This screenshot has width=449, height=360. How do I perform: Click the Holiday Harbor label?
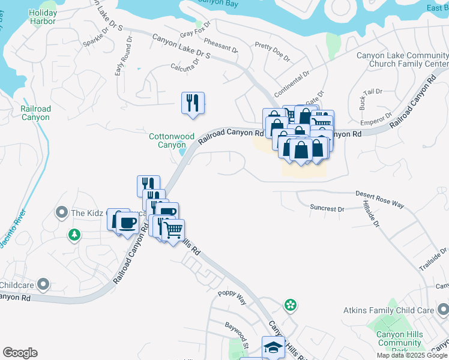click(43, 17)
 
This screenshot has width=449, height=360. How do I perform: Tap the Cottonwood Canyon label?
click(167, 140)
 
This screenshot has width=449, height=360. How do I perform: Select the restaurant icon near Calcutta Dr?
click(193, 103)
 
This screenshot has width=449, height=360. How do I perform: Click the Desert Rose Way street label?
click(379, 199)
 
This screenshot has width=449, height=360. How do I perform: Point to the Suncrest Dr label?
click(327, 209)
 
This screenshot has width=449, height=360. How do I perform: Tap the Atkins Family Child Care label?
click(388, 310)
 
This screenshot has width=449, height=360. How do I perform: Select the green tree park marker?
click(74, 235)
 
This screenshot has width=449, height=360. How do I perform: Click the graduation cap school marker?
click(273, 347)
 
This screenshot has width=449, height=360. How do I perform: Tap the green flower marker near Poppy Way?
click(291, 305)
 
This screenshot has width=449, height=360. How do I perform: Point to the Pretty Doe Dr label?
click(272, 52)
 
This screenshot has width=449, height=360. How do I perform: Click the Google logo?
click(20, 353)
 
